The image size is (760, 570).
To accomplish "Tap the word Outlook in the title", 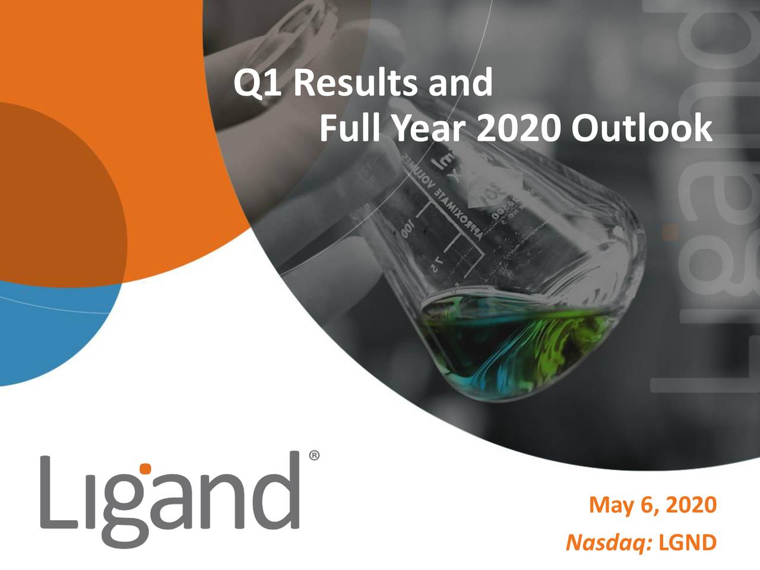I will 642,128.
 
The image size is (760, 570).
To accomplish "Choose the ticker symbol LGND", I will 688,542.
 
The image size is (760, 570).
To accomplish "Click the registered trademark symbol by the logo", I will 314,456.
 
